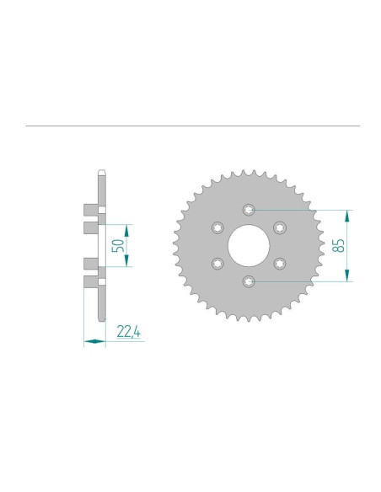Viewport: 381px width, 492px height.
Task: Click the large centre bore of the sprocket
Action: pyautogui.click(x=247, y=244)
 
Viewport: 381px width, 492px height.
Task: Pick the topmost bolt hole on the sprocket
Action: pyautogui.click(x=247, y=209)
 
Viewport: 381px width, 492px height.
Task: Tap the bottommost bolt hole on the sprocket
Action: pyautogui.click(x=247, y=281)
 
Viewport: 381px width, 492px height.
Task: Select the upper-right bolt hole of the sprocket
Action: pyautogui.click(x=278, y=227)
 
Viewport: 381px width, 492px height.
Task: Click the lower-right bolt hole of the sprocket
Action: pyautogui.click(x=278, y=262)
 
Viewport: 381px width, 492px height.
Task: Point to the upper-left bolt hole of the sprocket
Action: pyautogui.click(x=216, y=227)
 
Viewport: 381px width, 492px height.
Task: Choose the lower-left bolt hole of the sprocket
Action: pyautogui.click(x=216, y=262)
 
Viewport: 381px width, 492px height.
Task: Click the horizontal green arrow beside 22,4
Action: pyautogui.click(x=94, y=341)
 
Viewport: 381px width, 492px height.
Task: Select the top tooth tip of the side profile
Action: pyautogui.click(x=101, y=173)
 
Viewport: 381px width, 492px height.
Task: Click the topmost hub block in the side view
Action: pyautogui.click(x=91, y=209)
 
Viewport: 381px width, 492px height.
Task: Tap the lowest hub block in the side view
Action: pyautogui.click(x=91, y=281)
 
